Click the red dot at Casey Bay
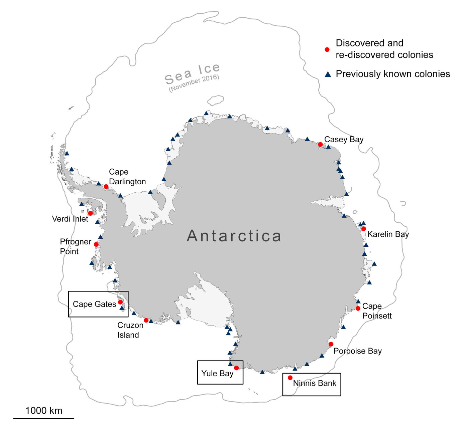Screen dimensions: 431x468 coord(320,145)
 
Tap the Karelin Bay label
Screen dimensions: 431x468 coord(388,234)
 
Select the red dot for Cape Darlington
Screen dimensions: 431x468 coord(106,187)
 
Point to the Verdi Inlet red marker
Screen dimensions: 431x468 coord(90,213)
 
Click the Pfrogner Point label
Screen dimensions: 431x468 coord(75,246)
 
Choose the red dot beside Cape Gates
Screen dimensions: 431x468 coord(120,302)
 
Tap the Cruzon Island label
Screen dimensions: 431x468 coord(130,330)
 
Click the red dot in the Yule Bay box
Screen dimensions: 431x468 coord(236,368)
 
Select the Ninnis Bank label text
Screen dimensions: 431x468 coord(315,383)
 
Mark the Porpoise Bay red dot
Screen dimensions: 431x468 coord(331,344)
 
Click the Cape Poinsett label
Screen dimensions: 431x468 coord(377,311)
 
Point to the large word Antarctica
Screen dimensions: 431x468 coord(234,236)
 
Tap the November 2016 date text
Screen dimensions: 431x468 coord(194,83)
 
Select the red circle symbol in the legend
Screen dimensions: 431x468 coord(327,49)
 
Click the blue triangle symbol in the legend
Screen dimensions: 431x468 coord(328,74)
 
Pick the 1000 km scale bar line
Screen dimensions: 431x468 coord(43,418)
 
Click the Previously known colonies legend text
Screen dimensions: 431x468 coord(393,74)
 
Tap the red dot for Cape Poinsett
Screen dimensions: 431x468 coord(358,308)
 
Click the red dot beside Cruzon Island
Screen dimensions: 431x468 coord(146,320)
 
